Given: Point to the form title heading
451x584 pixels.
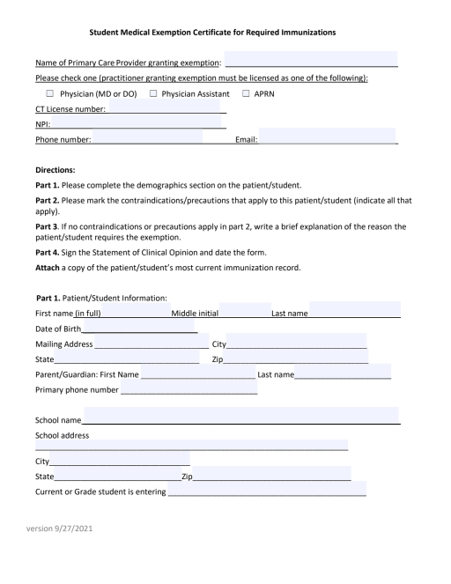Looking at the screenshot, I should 225,34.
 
